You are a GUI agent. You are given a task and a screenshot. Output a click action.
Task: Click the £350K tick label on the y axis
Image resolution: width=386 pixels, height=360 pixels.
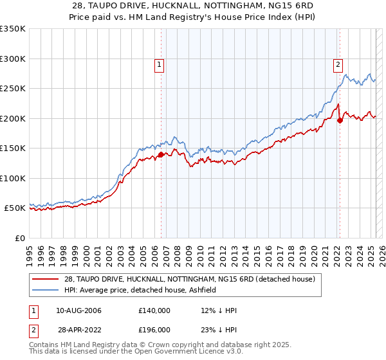click(12, 29)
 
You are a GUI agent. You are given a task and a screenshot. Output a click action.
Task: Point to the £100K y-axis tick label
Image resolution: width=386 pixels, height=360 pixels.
click(12, 178)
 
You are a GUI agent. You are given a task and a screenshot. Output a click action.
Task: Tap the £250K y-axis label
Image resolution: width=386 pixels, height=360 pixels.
click(12, 89)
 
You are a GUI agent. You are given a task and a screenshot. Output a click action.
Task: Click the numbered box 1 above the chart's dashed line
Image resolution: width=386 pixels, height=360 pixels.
click(158, 64)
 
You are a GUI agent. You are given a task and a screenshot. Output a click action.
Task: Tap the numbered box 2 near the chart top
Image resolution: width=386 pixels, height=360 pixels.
click(338, 64)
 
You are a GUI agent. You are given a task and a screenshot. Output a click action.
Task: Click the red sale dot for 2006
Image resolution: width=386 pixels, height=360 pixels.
click(161, 154)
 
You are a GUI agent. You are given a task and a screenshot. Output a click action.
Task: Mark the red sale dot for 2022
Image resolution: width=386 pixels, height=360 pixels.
click(340, 121)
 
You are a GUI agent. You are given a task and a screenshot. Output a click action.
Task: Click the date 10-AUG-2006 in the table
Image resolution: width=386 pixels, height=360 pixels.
click(79, 310)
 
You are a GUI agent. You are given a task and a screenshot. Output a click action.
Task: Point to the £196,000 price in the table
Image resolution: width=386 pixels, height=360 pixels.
click(154, 329)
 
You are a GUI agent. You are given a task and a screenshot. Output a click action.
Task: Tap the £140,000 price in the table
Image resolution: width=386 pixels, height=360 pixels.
click(154, 310)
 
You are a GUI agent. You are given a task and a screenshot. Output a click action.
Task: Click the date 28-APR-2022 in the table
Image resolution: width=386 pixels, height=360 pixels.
click(79, 329)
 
